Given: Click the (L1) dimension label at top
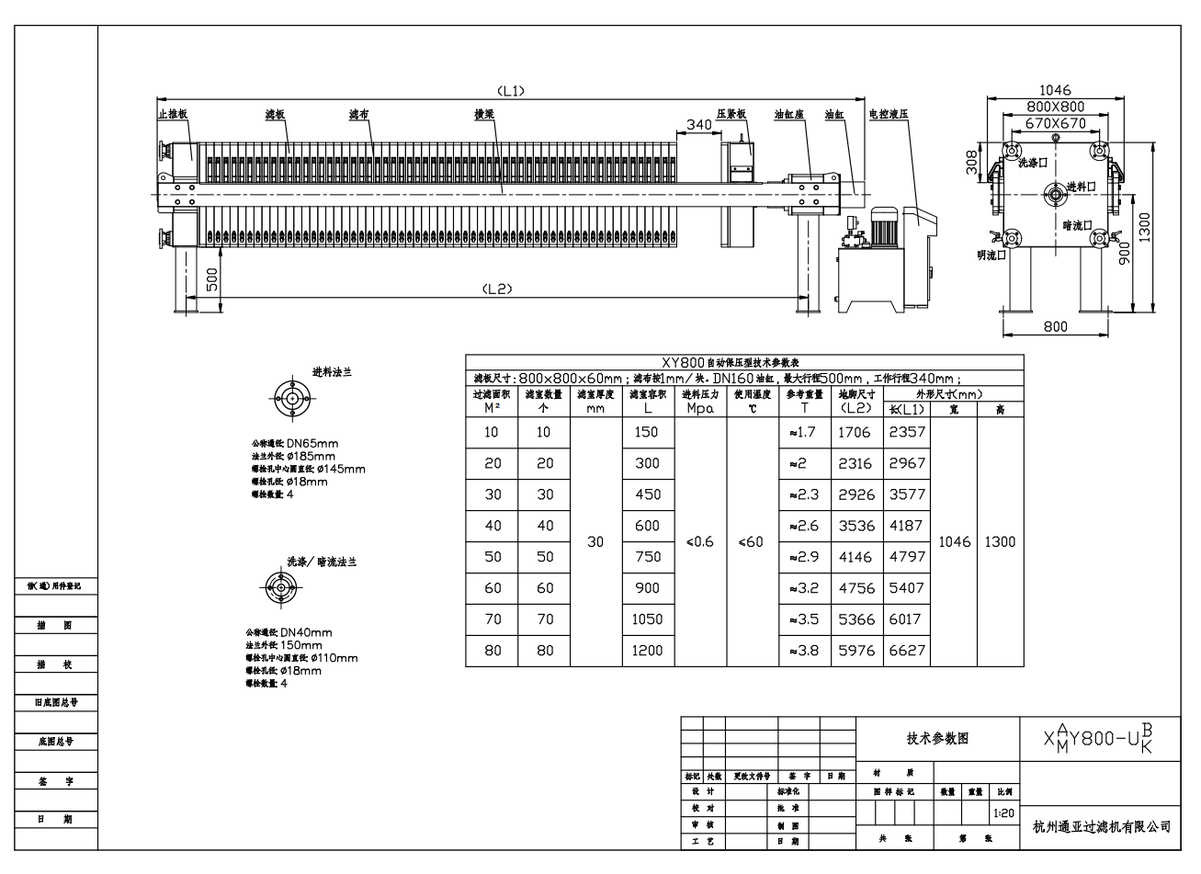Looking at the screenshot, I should [x=510, y=90].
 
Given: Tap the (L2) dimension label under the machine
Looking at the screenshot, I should [x=496, y=288].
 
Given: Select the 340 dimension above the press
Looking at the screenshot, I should [x=699, y=124].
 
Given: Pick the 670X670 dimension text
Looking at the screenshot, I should [x=1055, y=123].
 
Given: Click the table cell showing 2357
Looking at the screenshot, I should [x=907, y=432].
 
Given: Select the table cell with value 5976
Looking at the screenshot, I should [x=856, y=651].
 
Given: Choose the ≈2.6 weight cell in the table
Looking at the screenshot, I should [x=804, y=526].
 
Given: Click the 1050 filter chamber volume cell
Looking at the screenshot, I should [x=647, y=619].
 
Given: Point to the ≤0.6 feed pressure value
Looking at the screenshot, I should [x=699, y=542].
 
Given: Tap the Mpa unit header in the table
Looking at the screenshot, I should [x=699, y=409].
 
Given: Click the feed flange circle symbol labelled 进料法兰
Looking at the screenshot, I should [x=293, y=398].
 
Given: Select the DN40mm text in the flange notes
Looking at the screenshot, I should [x=306, y=632].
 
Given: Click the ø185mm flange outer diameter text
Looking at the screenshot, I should [x=312, y=456].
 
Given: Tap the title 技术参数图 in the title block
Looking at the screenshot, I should [x=937, y=738].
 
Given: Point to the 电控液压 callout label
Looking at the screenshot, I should [x=889, y=114].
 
